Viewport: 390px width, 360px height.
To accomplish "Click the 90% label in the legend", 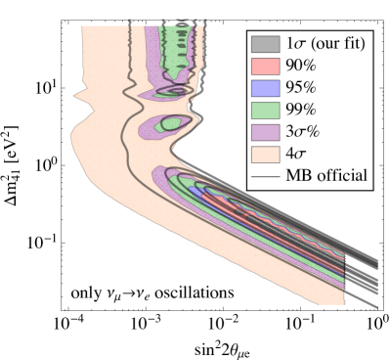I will (300, 67).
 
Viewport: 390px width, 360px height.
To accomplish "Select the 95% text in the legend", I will (300, 88).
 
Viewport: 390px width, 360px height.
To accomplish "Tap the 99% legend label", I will (300, 110).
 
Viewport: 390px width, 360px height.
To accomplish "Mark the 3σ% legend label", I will (304, 132).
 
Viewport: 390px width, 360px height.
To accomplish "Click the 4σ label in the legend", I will (296, 154).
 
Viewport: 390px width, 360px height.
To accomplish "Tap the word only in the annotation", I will (84, 292).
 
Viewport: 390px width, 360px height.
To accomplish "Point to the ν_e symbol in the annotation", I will (140, 293).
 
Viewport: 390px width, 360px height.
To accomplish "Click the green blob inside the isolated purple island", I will (170, 124).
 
